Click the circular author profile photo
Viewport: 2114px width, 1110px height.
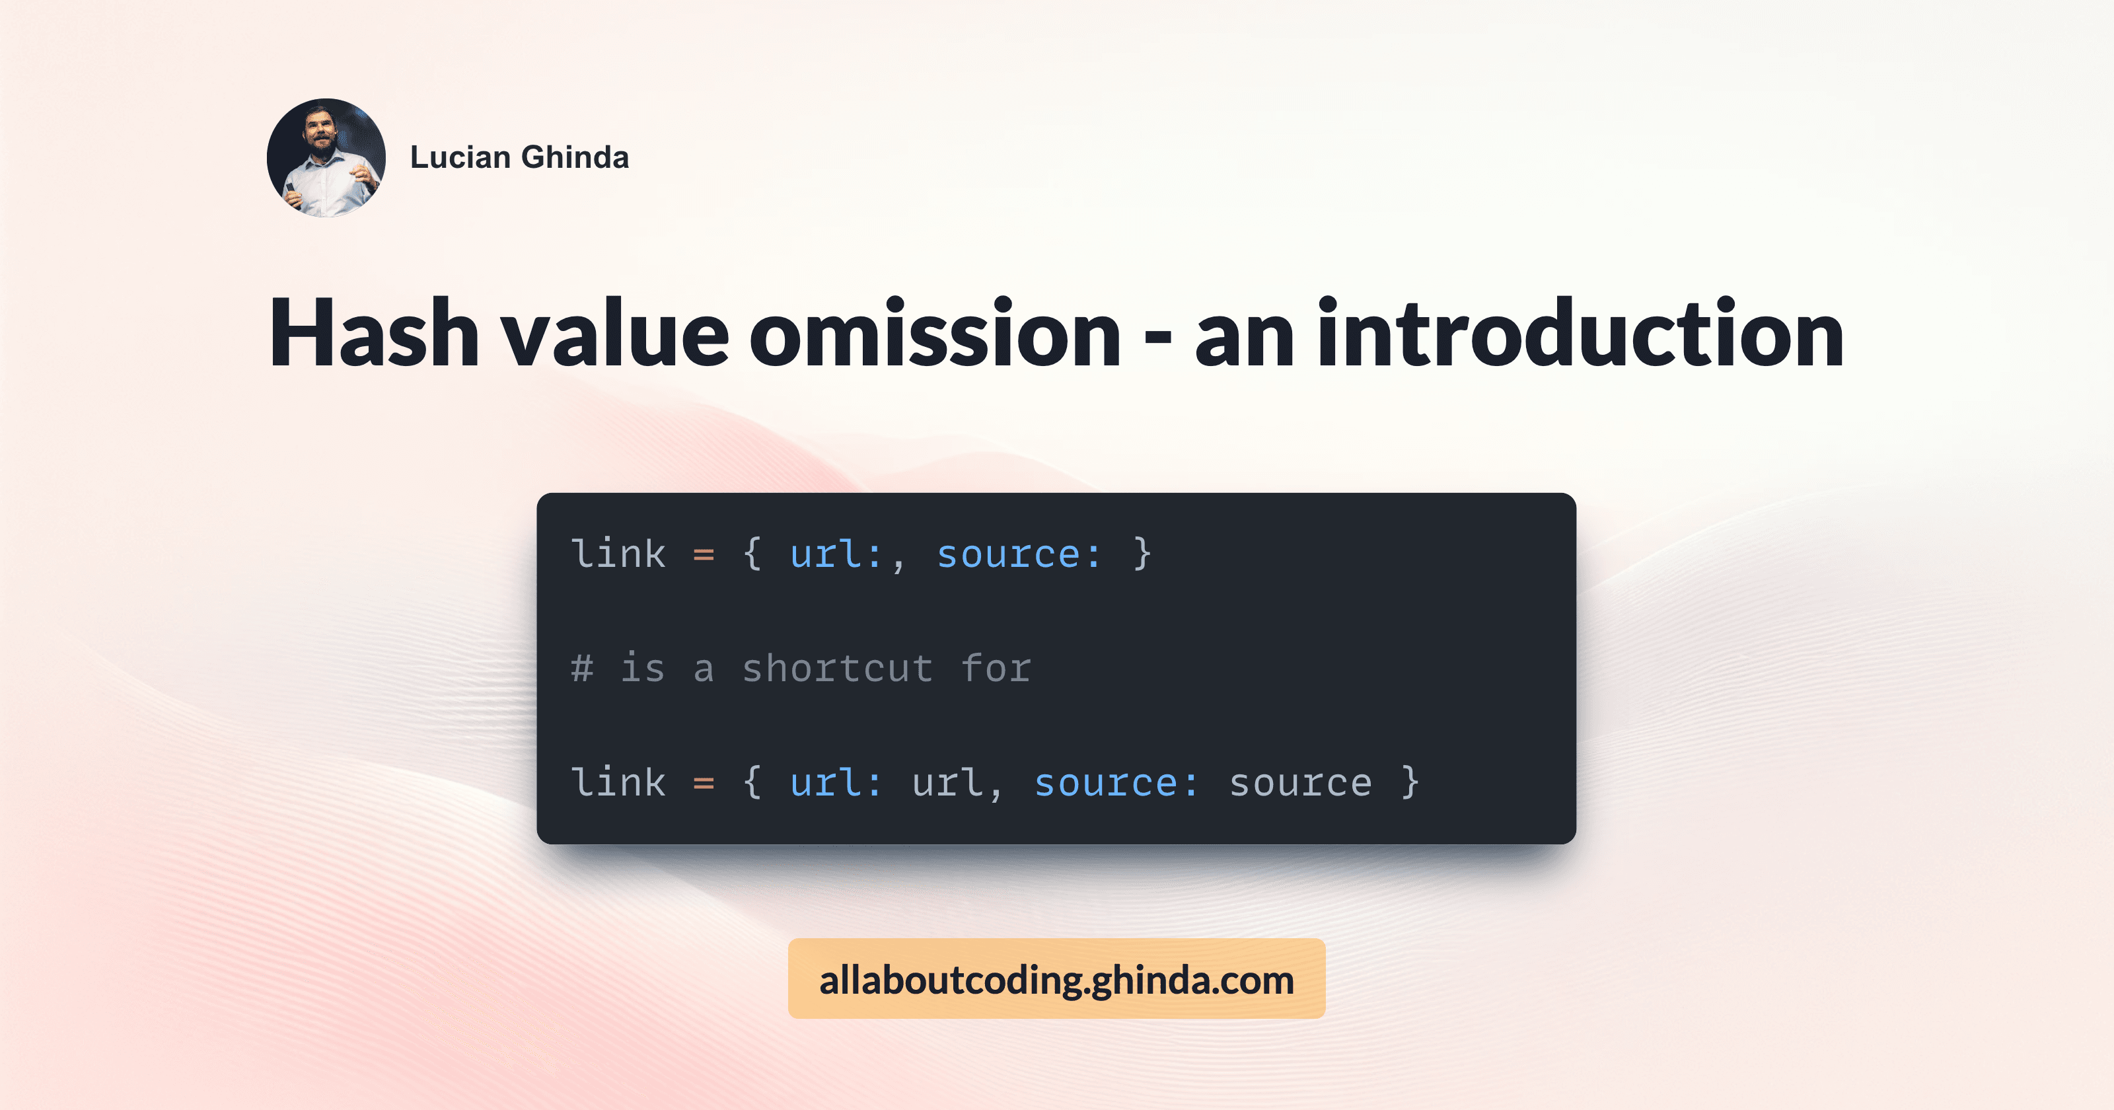click(x=326, y=158)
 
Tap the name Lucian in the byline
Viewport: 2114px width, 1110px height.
click(x=460, y=157)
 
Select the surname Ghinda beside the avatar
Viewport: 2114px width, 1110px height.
click(x=575, y=157)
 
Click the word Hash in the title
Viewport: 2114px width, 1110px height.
click(x=374, y=333)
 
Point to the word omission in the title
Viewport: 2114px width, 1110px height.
click(x=935, y=333)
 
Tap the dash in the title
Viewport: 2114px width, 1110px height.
click(x=1157, y=336)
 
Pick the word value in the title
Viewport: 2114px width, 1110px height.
click(x=616, y=333)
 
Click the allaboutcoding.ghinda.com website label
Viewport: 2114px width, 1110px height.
click(x=1056, y=979)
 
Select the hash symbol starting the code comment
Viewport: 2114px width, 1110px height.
click(x=582, y=668)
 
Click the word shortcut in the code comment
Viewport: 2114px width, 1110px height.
click(x=837, y=668)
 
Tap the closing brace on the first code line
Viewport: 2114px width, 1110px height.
click(x=1142, y=554)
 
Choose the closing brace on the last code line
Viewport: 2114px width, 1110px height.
click(x=1410, y=782)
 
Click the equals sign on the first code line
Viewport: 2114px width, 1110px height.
click(x=704, y=555)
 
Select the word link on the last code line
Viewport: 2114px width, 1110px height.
click(x=618, y=782)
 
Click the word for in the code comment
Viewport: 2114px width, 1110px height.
click(x=996, y=668)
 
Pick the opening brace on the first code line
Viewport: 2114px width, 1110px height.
click(x=752, y=554)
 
